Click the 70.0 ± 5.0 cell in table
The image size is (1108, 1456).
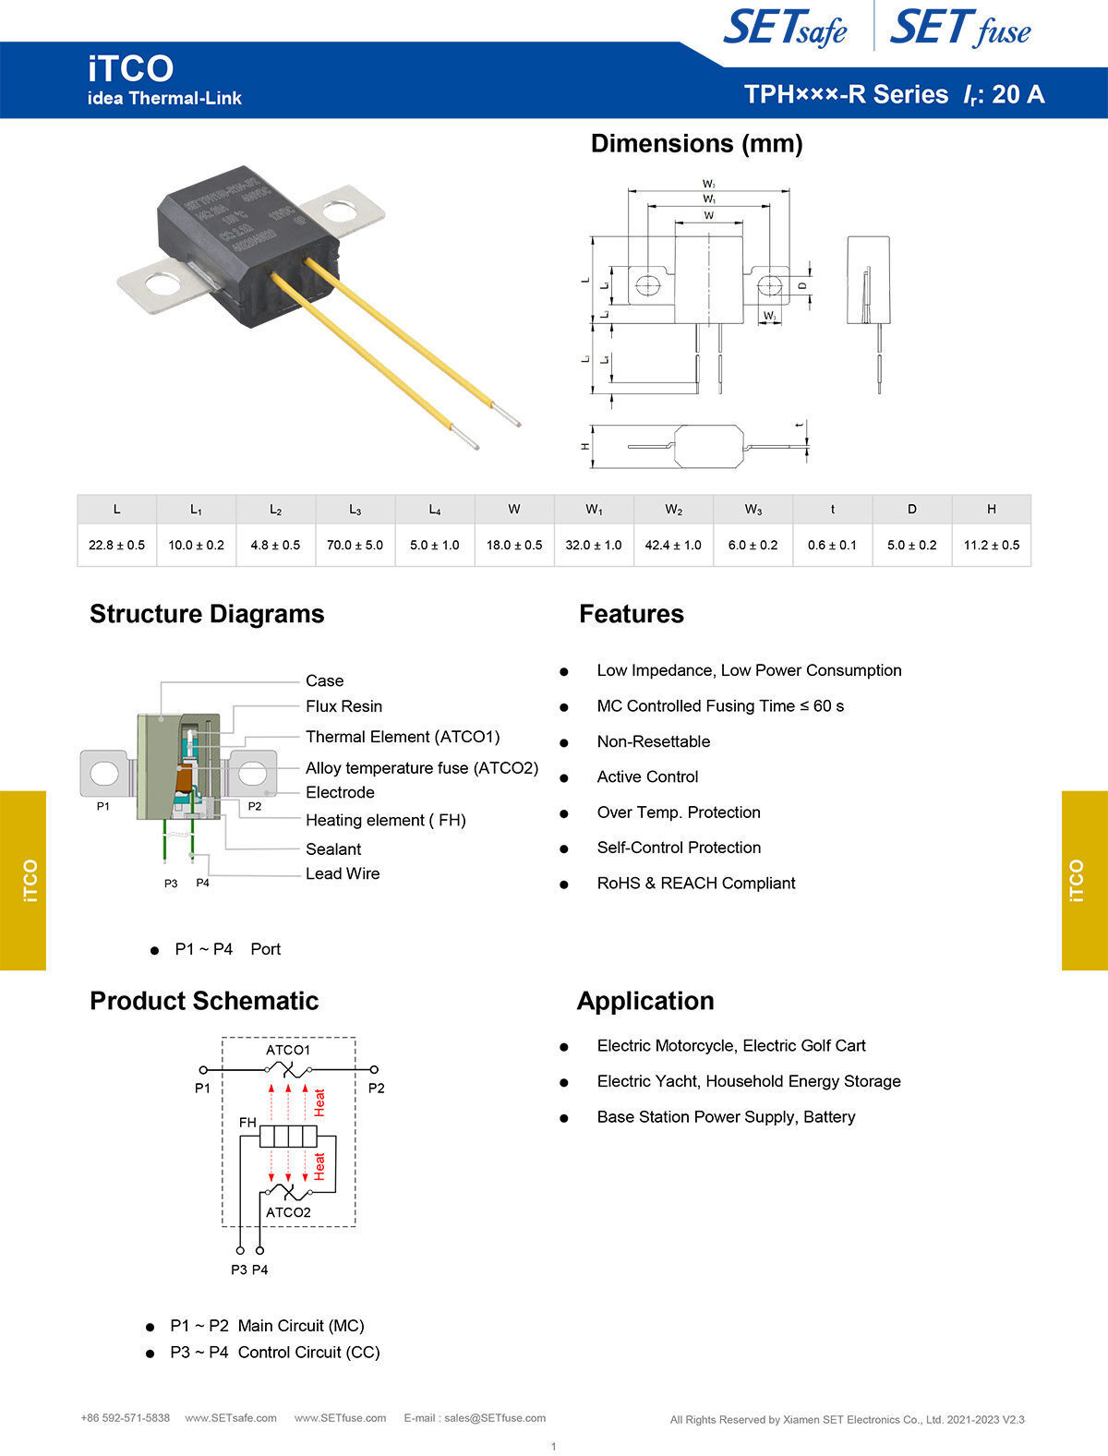click(x=355, y=545)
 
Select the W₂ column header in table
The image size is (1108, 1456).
click(x=673, y=510)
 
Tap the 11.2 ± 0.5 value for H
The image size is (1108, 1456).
click(x=991, y=545)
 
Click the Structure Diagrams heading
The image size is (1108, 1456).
click(x=207, y=614)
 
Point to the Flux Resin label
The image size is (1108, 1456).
click(x=343, y=706)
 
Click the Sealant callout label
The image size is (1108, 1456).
click(x=333, y=848)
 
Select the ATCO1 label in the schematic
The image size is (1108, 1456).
click(x=288, y=1050)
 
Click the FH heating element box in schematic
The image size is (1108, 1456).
click(x=289, y=1136)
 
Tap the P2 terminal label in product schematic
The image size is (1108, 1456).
click(x=376, y=1089)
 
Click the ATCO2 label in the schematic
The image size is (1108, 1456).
click(x=288, y=1212)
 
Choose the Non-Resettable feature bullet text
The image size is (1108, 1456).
click(x=653, y=741)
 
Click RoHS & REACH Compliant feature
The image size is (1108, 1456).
click(x=695, y=883)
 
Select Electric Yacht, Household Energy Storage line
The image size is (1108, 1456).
click(x=748, y=1081)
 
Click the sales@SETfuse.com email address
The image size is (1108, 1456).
click(x=495, y=1418)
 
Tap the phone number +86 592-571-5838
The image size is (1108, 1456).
click(x=126, y=1418)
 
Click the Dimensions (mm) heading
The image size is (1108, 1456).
click(x=696, y=144)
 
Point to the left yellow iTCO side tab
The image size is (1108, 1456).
click(x=23, y=880)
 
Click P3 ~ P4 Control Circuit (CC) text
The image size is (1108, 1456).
click(x=274, y=1352)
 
